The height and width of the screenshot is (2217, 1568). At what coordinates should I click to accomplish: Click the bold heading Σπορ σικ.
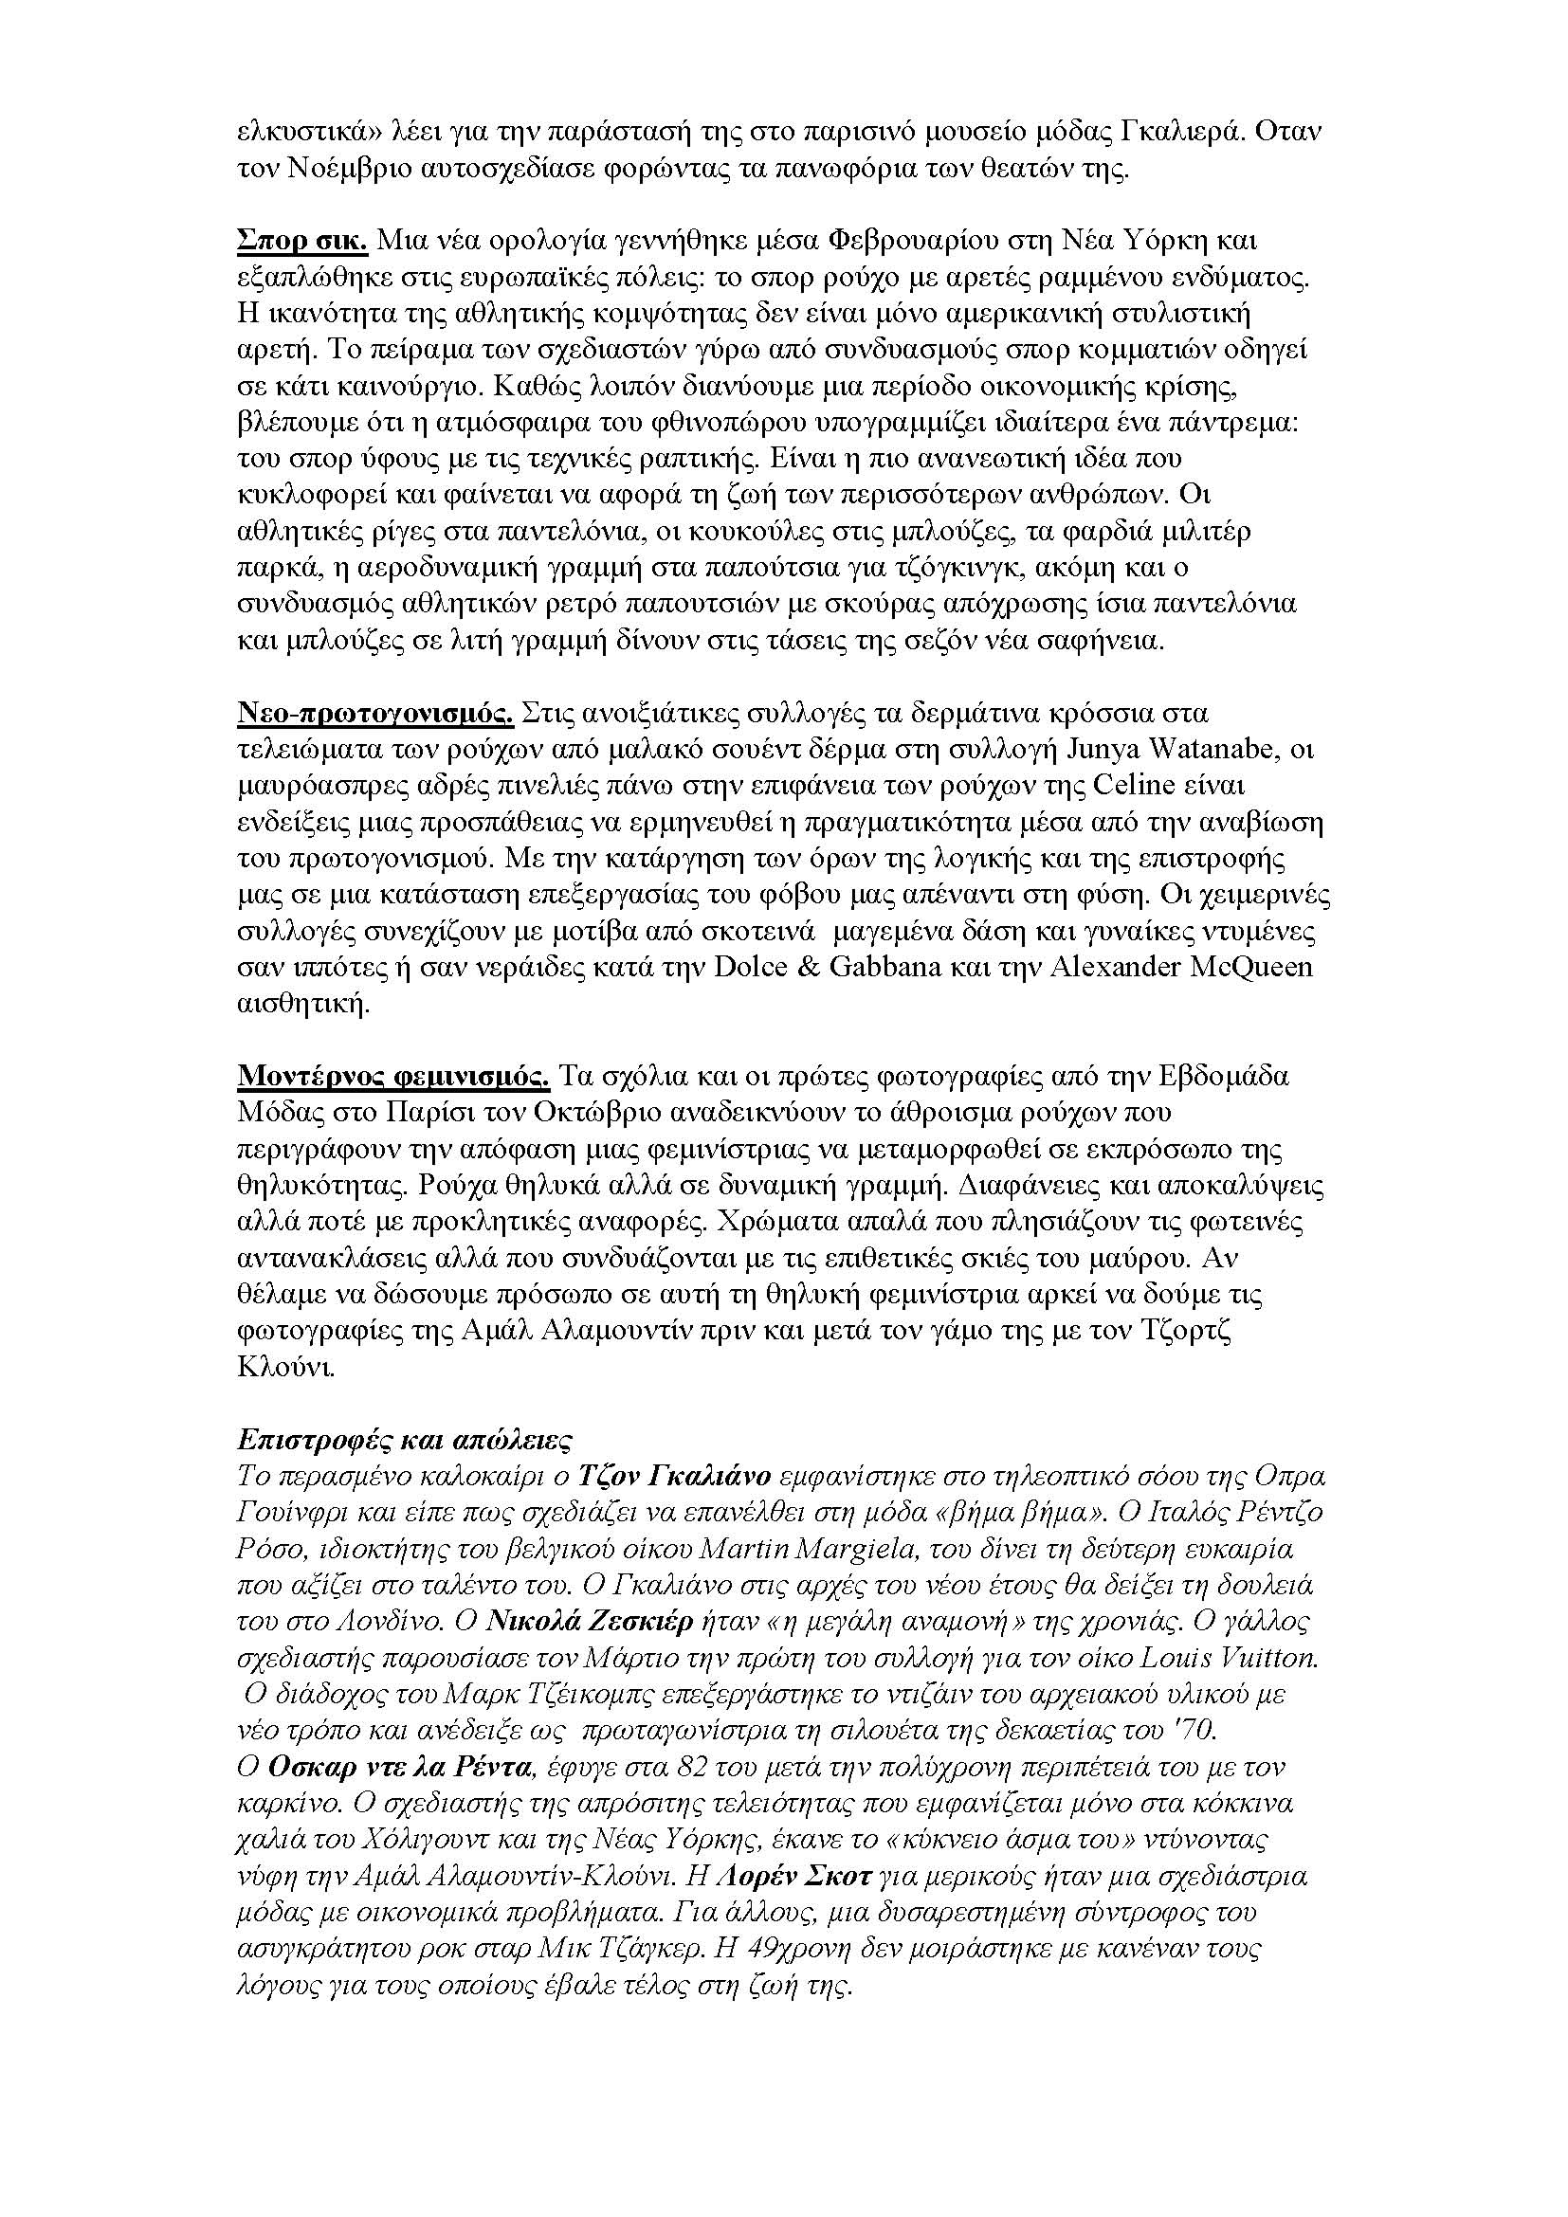(302, 241)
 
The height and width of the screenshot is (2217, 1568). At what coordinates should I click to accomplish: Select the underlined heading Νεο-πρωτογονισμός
(375, 714)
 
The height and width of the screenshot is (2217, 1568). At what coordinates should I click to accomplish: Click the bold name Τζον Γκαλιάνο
(674, 1476)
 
